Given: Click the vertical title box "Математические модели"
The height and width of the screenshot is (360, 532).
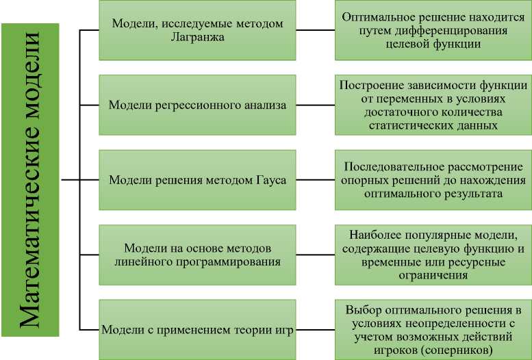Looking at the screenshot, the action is pos(31,180).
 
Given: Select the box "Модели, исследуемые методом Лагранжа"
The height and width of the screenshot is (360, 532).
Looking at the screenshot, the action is pos(197,31).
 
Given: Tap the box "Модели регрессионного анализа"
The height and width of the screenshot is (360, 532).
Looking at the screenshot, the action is pos(197,105).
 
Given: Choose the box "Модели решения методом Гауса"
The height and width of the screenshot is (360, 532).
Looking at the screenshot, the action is pos(197,180).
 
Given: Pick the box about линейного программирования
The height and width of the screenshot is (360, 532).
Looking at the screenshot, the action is pos(197,254).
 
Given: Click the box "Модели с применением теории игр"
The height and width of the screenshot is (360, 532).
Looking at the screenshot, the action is pos(197,329).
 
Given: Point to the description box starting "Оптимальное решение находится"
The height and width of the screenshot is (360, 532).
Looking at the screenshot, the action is pos(433,31).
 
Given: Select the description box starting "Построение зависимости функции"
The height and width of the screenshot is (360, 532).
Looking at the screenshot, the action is pos(433,105).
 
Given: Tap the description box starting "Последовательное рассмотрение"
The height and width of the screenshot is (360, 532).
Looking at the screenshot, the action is pos(433,180).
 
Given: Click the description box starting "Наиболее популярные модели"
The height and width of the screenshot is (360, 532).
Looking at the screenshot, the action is pos(433,254).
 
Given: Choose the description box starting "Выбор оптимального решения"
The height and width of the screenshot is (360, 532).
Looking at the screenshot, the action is pos(433,329).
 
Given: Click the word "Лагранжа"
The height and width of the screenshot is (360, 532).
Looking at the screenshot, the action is pos(197,38).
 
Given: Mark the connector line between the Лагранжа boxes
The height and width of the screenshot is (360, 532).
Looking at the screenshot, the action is pos(315,31).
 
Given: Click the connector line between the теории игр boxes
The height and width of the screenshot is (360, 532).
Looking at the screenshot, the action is pos(315,329).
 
